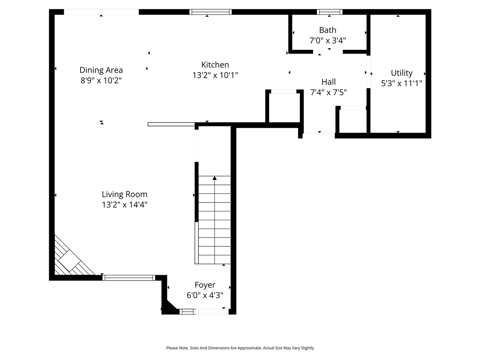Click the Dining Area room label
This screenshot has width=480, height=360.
click(x=101, y=70)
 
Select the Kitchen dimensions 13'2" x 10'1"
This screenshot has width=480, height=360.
click(x=215, y=75)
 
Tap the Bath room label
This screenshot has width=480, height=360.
click(x=327, y=30)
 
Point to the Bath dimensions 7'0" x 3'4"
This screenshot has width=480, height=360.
click(x=327, y=40)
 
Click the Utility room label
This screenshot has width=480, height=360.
click(x=402, y=73)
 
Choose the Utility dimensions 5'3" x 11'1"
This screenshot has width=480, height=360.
click(x=402, y=84)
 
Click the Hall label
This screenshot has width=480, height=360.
click(x=328, y=82)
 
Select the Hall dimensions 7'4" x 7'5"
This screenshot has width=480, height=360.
click(x=328, y=92)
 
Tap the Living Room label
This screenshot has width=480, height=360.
click(x=124, y=194)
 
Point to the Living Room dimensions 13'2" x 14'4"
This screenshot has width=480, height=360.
click(x=124, y=205)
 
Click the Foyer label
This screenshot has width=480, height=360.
click(x=205, y=285)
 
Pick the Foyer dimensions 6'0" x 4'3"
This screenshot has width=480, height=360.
click(x=205, y=295)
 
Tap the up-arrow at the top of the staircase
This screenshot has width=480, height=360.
click(x=214, y=178)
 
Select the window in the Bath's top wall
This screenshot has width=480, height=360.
click(x=330, y=12)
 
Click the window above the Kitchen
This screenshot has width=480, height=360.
click(x=210, y=12)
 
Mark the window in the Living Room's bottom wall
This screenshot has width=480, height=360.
click(x=129, y=278)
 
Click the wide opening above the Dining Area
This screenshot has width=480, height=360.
click(x=101, y=12)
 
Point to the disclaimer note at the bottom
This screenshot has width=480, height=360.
click(x=240, y=348)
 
